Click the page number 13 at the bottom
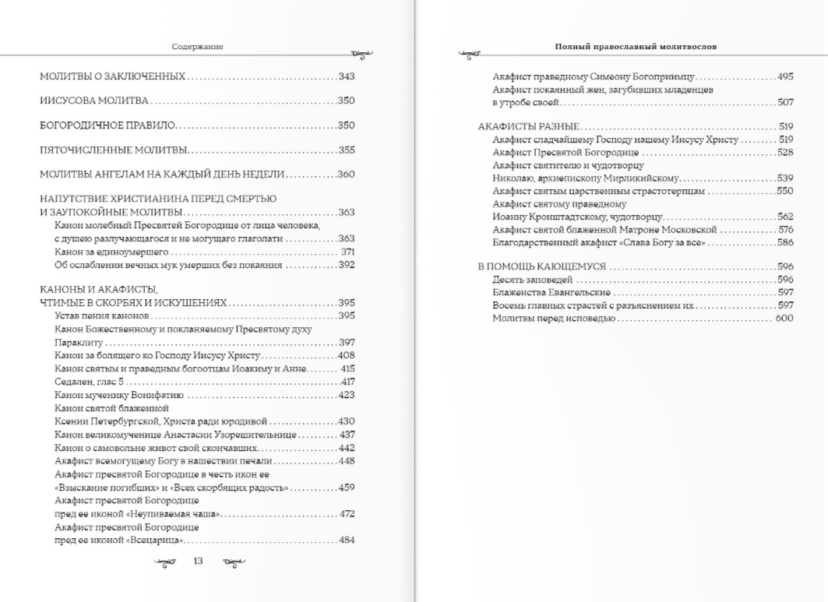(198, 561)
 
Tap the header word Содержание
(198, 47)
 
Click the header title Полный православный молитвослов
(636, 47)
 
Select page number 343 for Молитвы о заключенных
(347, 76)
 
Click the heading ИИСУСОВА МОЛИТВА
(94, 101)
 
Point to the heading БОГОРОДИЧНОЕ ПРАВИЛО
(108, 125)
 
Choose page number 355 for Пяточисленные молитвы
(347, 150)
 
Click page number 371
(347, 252)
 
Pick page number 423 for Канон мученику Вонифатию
(347, 395)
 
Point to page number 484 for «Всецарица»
(347, 540)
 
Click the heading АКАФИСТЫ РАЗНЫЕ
(528, 126)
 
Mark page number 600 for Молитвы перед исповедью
(784, 319)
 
